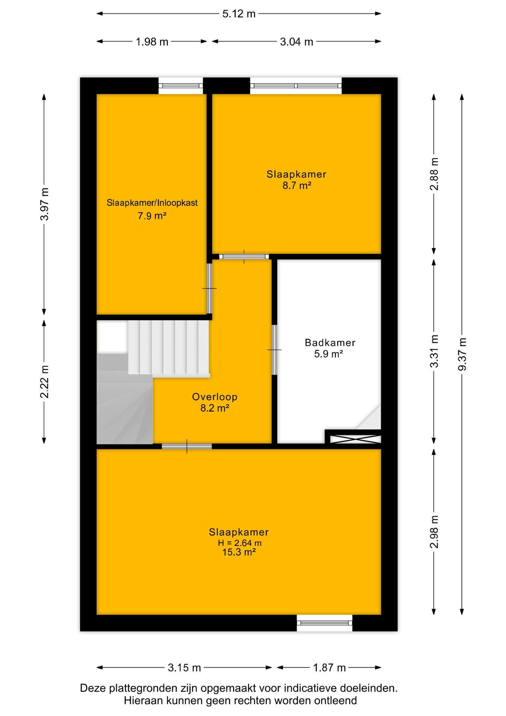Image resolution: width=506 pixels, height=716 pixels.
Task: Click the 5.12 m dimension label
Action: (239, 14)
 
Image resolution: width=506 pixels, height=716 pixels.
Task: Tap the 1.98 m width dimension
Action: (152, 42)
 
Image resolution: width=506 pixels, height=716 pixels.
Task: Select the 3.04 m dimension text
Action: (297, 42)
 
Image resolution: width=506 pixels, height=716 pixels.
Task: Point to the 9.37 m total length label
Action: (462, 354)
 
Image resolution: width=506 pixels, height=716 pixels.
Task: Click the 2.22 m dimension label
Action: (44, 381)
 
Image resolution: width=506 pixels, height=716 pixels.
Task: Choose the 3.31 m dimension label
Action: (434, 351)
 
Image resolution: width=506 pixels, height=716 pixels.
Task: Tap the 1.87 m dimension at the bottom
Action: (329, 668)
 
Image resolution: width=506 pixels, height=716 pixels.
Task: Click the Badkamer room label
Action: (330, 342)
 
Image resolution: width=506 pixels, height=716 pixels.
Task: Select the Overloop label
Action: (215, 397)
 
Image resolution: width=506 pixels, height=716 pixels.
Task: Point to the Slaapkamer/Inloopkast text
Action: (152, 203)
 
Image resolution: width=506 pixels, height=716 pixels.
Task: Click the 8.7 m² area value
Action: (297, 185)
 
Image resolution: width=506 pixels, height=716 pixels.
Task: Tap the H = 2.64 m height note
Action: (240, 543)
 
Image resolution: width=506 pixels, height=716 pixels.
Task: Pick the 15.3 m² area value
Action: (239, 552)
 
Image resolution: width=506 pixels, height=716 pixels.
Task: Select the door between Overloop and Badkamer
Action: (274, 350)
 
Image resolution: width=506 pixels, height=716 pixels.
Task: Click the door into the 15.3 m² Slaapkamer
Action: (187, 446)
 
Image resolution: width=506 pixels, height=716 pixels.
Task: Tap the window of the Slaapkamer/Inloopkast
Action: (181, 86)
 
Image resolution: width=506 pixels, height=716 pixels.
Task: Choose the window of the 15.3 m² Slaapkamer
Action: (325, 623)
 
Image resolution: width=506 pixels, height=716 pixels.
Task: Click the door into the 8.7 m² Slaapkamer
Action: (244, 257)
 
